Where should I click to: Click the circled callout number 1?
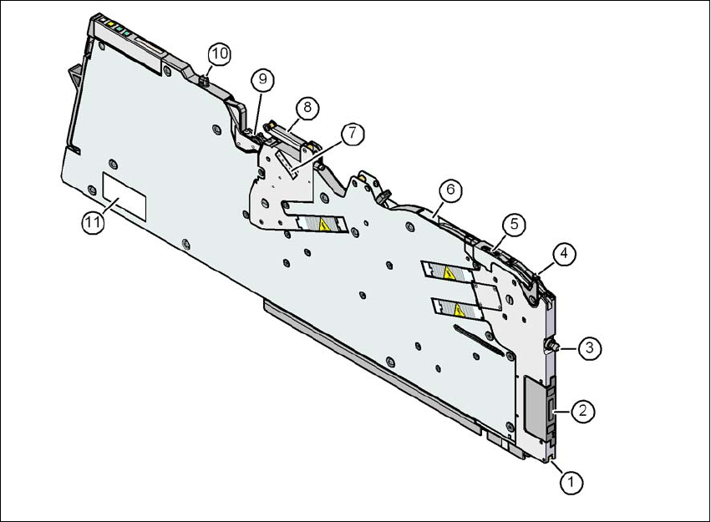(571, 482)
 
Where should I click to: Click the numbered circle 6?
(449, 190)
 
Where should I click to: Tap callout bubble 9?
(262, 79)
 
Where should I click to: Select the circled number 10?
(219, 53)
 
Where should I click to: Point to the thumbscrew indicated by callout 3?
(552, 346)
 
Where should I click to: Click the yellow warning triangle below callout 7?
(320, 223)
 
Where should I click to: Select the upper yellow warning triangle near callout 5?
(449, 271)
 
